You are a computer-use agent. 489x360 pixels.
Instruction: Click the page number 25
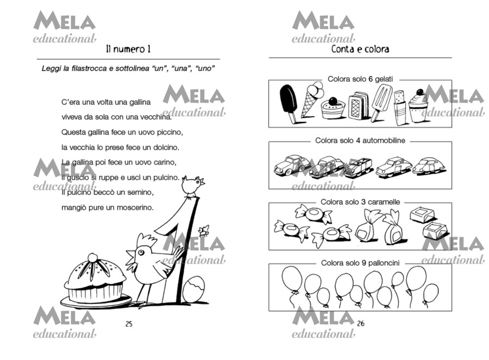129,324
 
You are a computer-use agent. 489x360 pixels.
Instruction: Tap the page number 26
361,323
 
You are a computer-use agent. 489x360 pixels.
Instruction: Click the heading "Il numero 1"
128,49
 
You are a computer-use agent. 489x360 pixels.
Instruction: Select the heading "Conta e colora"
360,49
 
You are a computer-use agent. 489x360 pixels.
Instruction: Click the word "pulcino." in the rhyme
167,178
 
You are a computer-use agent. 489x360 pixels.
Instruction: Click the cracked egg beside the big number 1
193,289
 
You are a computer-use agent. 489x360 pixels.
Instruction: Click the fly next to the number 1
203,231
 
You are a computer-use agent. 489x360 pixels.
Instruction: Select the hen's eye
141,252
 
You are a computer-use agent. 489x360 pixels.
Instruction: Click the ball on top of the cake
92,257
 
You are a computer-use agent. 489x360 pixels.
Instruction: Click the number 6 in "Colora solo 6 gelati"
371,79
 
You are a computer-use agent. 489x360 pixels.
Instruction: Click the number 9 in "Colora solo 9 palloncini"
363,263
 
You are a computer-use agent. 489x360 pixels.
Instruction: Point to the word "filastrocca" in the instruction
89,68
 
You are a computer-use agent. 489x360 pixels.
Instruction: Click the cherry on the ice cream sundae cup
420,92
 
